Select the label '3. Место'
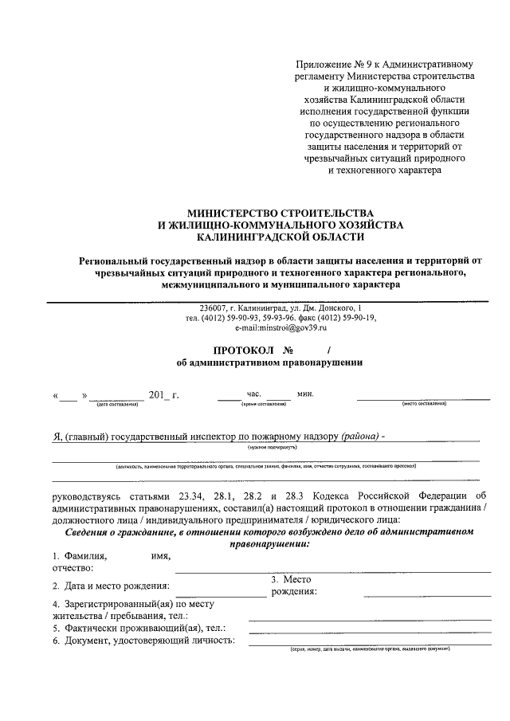tap(291, 579)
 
